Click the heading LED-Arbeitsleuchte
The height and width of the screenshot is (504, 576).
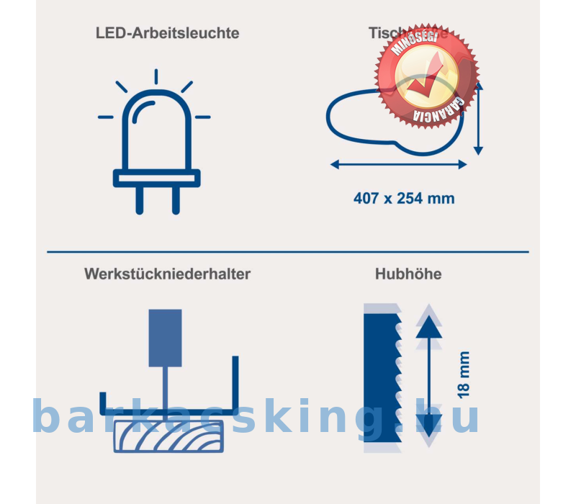pyautogui.click(x=167, y=33)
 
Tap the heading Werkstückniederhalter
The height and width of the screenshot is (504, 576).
pyautogui.click(x=167, y=274)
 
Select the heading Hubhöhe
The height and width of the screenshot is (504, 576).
pyautogui.click(x=408, y=274)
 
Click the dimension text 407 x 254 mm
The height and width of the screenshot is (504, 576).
pyautogui.click(x=404, y=198)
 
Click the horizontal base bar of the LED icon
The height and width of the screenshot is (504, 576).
pyautogui.click(x=156, y=178)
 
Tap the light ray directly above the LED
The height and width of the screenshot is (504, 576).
pyautogui.click(x=156, y=77)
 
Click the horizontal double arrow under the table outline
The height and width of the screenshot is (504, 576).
pyautogui.click(x=398, y=165)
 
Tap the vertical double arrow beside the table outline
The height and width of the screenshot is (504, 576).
pyautogui.click(x=479, y=119)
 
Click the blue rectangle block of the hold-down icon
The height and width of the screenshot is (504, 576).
pyautogui.click(x=165, y=337)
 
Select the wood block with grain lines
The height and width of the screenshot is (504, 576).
pyautogui.click(x=168, y=436)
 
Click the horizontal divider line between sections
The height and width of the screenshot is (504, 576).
pyautogui.click(x=288, y=252)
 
